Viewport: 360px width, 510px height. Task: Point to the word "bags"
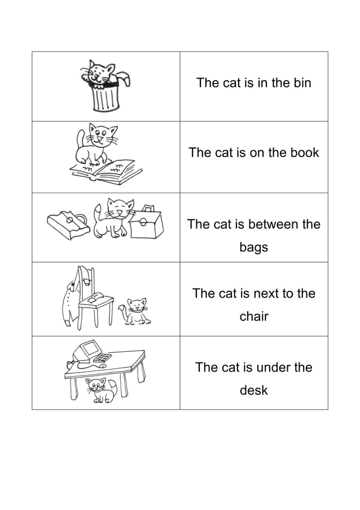click(x=253, y=247)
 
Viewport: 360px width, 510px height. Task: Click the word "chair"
click(x=253, y=316)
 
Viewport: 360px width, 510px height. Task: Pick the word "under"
click(x=275, y=368)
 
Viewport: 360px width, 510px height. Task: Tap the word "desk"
click(x=253, y=390)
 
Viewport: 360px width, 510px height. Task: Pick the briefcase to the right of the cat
click(x=146, y=224)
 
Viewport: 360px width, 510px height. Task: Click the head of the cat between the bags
click(x=120, y=210)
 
